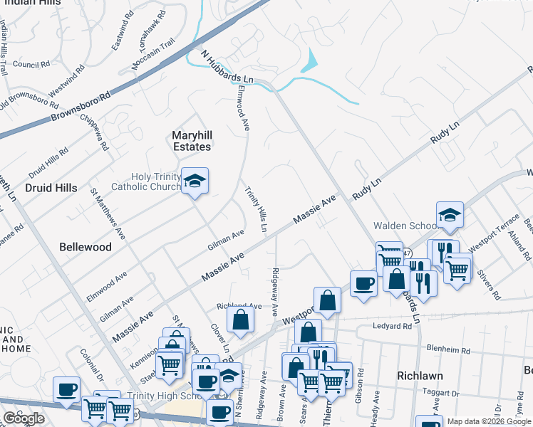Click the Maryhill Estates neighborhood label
click(x=192, y=141)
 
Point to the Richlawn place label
click(x=420, y=375)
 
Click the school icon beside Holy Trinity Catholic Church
click(x=194, y=182)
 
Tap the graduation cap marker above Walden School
click(x=450, y=214)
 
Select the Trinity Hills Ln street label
click(x=257, y=209)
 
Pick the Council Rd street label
click(x=31, y=64)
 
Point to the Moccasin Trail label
click(x=153, y=56)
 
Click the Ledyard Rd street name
click(x=392, y=326)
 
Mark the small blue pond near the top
click(x=310, y=65)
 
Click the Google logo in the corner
click(x=24, y=418)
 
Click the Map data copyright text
click(x=488, y=421)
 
